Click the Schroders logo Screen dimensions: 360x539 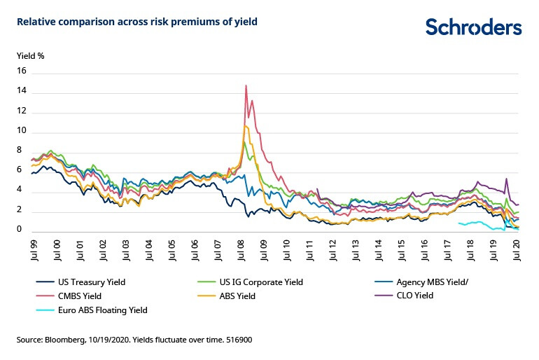(474, 27)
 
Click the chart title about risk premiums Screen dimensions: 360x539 (137, 22)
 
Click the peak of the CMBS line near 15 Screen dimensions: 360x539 (246, 85)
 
